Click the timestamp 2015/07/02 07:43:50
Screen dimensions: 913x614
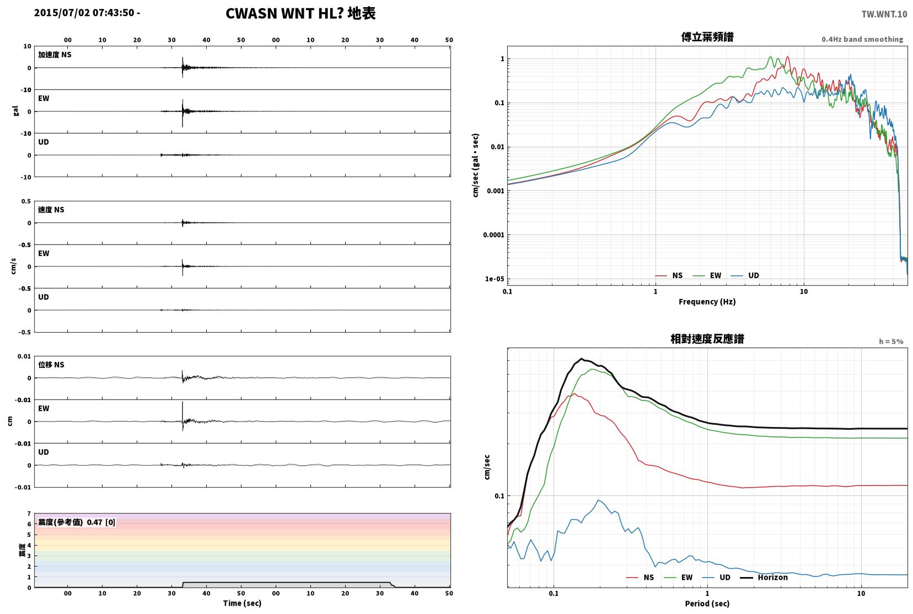point(84,13)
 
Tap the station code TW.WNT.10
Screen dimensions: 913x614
point(884,14)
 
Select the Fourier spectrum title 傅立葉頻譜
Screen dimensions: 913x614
point(707,37)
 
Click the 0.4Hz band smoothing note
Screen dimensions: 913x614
point(862,39)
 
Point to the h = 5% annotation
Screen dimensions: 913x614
point(890,341)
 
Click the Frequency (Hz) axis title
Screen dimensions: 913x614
point(707,302)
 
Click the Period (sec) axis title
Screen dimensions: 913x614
point(707,604)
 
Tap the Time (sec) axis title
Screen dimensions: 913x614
point(242,603)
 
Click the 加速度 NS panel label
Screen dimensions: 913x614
point(55,55)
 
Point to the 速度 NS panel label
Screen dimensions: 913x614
point(51,210)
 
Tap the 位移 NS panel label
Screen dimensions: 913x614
point(51,365)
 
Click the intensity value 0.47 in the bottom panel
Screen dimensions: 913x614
point(94,522)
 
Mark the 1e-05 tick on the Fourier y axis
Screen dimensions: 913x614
point(495,279)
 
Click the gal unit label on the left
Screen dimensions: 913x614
point(16,111)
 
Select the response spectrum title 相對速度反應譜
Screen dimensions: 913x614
point(707,339)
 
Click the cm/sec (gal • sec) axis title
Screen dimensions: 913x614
point(476,165)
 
